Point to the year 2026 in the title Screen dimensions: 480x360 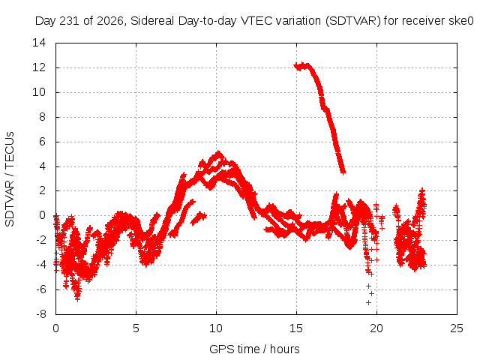point(110,21)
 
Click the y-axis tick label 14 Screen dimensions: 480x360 point(39,43)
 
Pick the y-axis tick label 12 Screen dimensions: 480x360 point(39,67)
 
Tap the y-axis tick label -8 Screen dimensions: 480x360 point(40,314)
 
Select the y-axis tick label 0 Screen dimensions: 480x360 point(43,215)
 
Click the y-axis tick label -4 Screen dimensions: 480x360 point(40,265)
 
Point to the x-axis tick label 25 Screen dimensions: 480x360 point(457,328)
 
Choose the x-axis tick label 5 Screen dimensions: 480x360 point(136,328)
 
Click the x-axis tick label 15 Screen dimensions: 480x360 point(296,328)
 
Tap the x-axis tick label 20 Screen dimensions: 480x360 point(376,328)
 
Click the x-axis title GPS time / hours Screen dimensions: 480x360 point(254,349)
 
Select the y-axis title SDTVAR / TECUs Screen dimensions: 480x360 point(10,179)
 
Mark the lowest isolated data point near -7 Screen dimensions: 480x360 point(368,302)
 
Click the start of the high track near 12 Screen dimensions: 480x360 point(295,65)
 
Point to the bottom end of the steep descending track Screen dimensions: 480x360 point(343,172)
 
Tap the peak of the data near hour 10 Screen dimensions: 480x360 point(218,152)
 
